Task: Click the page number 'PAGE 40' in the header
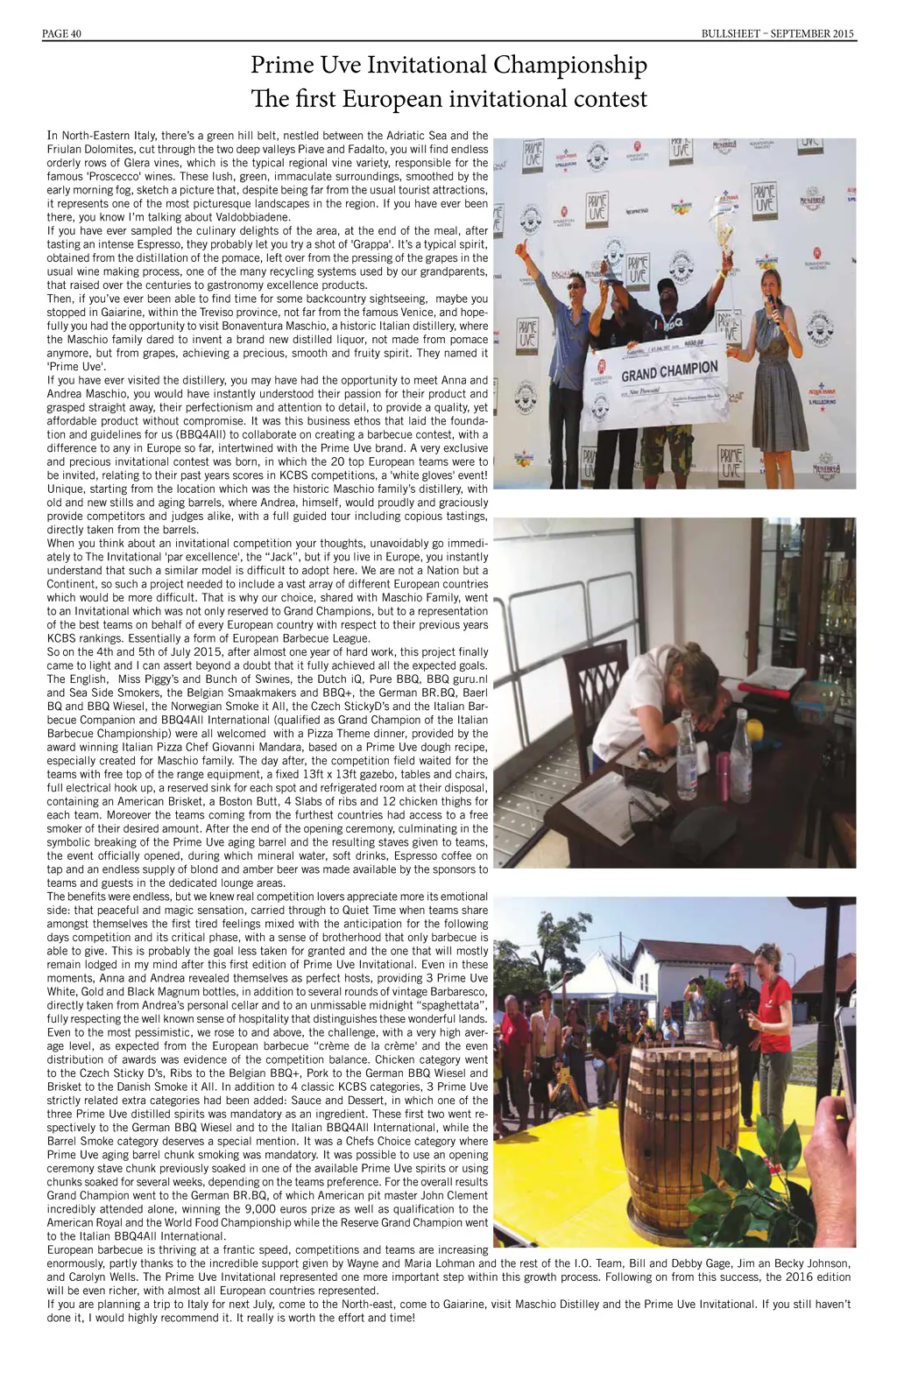click(61, 33)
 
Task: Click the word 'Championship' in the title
click(570, 66)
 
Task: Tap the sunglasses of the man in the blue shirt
click(574, 285)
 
